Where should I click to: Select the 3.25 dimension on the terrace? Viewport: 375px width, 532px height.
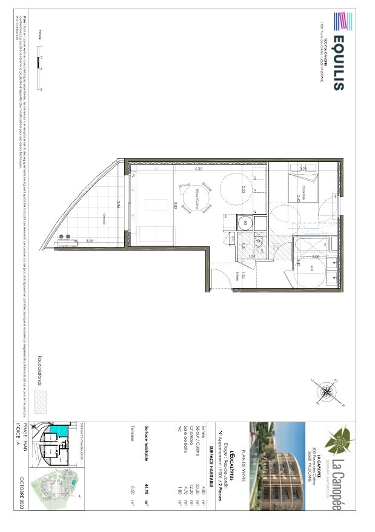click(91, 241)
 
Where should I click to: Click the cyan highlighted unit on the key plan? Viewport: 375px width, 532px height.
click(61, 431)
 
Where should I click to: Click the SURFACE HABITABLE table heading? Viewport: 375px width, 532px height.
click(211, 449)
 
